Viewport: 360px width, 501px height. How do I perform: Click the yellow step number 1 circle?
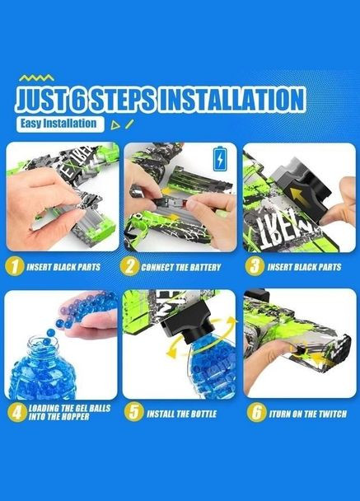tap(14, 266)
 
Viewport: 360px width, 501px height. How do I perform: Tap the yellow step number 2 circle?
tap(129, 267)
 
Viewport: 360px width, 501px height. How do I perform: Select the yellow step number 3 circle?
tap(255, 266)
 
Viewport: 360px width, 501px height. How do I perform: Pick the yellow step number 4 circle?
tap(17, 412)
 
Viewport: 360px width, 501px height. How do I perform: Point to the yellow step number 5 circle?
tap(133, 412)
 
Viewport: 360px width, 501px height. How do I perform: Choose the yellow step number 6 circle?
tap(256, 413)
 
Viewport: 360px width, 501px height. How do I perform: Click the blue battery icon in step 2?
tap(219, 159)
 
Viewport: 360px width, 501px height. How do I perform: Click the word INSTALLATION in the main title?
tap(231, 100)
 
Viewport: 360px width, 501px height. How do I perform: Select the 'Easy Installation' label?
tap(60, 124)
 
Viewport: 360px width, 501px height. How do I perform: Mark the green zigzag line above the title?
tap(36, 77)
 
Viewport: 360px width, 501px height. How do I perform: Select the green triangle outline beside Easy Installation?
tap(115, 125)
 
